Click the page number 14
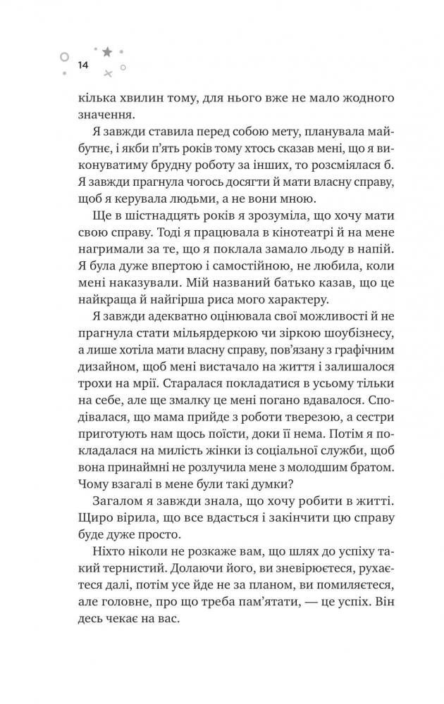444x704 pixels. [x=82, y=65]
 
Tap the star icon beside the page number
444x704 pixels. [x=107, y=51]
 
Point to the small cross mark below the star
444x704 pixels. [x=107, y=73]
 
